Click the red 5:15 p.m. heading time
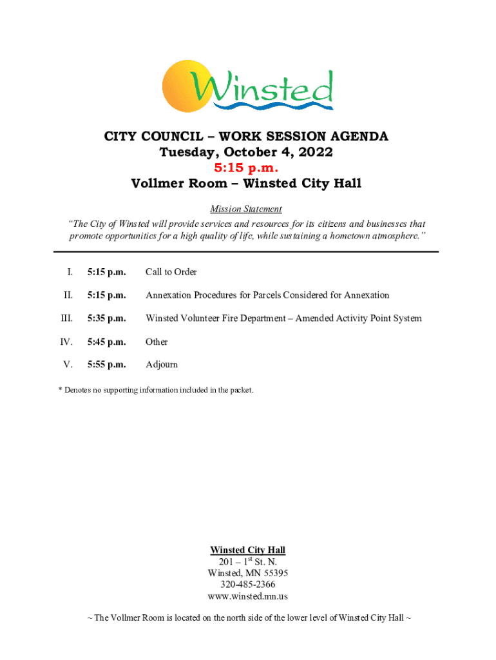pos(247,168)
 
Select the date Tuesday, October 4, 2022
pos(247,153)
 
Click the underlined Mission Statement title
pos(246,209)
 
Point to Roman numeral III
pos(66,318)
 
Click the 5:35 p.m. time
pos(107,318)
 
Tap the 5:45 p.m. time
pos(107,342)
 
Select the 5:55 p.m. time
pos(107,365)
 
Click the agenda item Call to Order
pos(171,272)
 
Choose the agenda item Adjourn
pos(162,365)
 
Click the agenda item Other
pos(157,342)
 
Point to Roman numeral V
pos(68,365)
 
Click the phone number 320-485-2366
pos(248,585)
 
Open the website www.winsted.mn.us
pos(248,596)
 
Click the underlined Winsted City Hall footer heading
pos(248,550)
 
